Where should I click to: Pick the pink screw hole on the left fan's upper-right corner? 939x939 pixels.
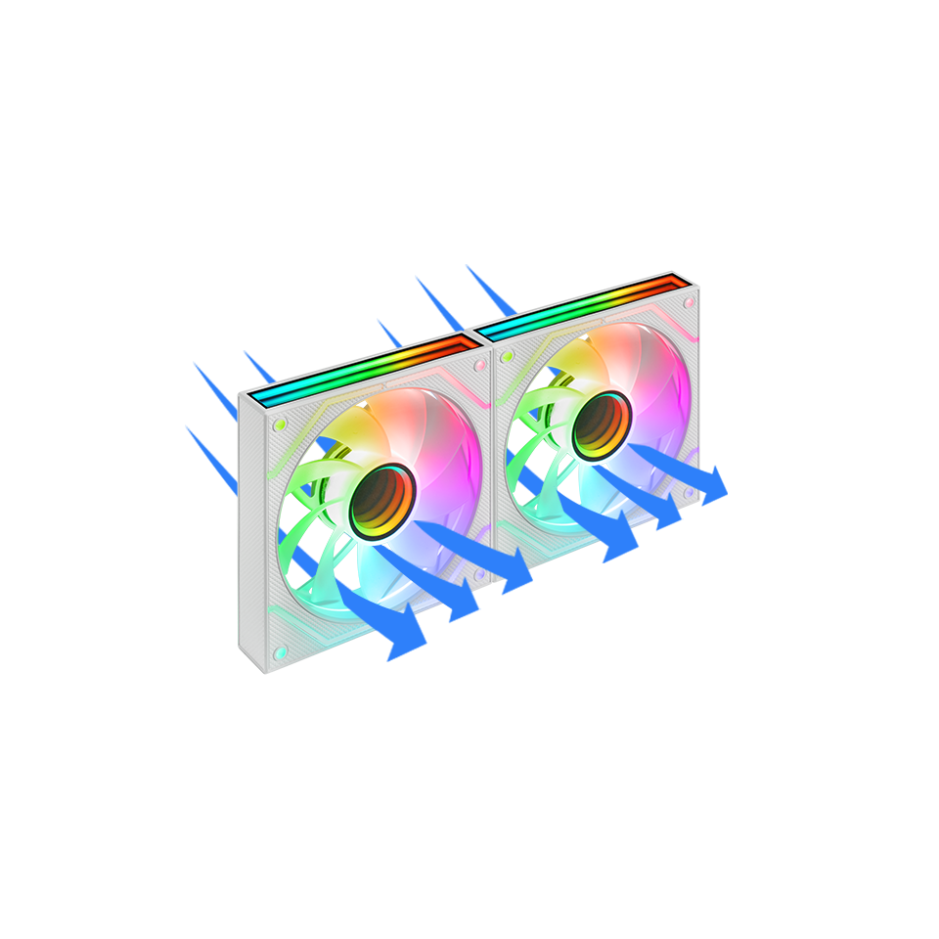coord(480,364)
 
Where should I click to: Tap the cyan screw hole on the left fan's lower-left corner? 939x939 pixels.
coord(280,649)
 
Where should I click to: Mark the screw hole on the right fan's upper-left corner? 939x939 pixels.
coord(506,357)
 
